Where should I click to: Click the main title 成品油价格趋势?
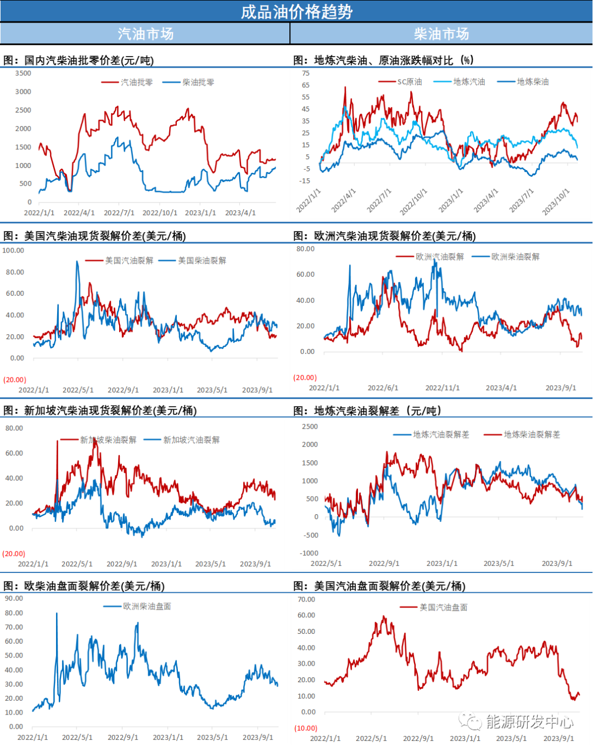(x=296, y=12)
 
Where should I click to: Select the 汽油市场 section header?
(x=146, y=33)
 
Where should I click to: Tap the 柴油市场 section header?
(x=441, y=33)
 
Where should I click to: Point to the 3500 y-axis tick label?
(x=23, y=73)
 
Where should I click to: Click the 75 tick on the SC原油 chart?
(x=306, y=73)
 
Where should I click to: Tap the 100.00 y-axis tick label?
(x=13, y=250)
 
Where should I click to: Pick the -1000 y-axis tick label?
(x=309, y=553)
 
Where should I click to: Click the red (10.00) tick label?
(x=306, y=728)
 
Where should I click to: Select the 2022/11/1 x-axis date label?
(x=442, y=388)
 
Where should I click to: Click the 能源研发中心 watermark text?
(x=529, y=722)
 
